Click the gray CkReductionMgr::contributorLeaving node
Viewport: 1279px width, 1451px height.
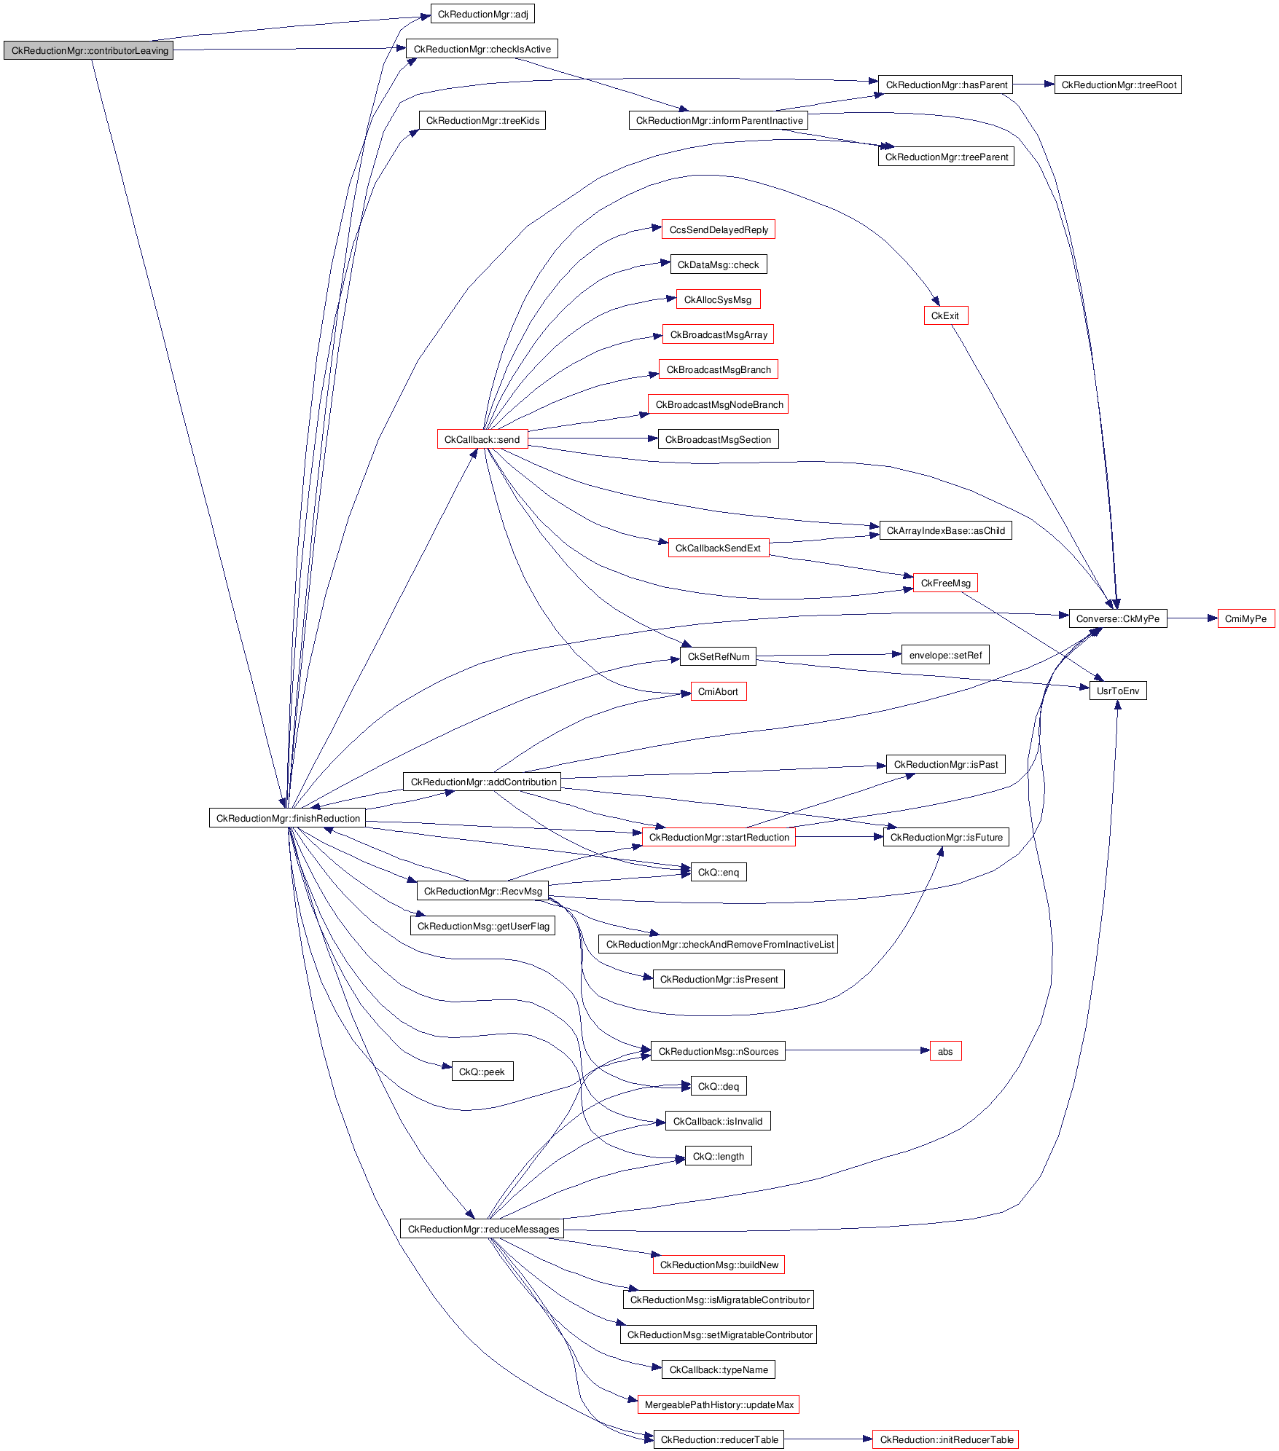[88, 50]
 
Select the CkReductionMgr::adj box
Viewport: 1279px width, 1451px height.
[482, 14]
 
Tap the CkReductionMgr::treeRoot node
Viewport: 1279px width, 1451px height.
[1118, 84]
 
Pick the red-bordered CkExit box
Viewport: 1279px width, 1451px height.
[945, 315]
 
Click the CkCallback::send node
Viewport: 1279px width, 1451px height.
[482, 439]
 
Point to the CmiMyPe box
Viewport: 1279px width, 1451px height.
[1245, 618]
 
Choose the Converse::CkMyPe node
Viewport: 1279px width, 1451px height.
[1117, 618]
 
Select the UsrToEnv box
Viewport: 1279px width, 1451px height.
[1117, 691]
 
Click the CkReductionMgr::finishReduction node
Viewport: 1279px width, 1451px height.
[288, 818]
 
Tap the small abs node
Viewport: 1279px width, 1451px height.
[945, 1051]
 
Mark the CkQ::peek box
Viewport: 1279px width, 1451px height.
[482, 1071]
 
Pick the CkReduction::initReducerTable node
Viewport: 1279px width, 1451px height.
[946, 1439]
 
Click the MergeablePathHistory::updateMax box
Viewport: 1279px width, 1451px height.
[719, 1404]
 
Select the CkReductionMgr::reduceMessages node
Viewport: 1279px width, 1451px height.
[482, 1229]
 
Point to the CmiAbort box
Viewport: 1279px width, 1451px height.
[718, 691]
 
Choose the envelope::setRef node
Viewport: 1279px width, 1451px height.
[945, 655]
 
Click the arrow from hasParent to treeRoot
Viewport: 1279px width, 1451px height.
[1033, 84]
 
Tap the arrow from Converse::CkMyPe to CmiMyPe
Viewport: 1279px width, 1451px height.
[1192, 618]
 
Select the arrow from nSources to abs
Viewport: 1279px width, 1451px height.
[858, 1050]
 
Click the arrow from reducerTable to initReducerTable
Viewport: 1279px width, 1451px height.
[828, 1439]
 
